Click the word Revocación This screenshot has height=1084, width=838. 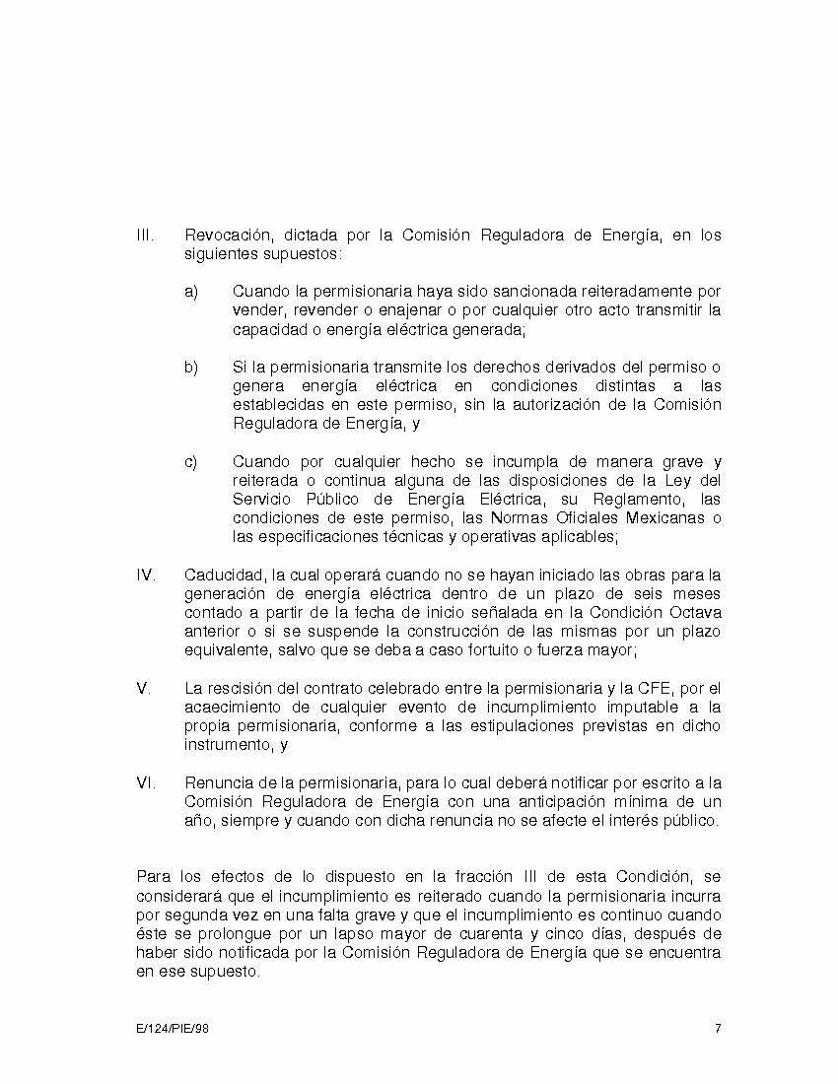click(228, 236)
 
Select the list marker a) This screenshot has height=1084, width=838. click(191, 292)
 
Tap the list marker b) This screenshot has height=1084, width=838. click(191, 368)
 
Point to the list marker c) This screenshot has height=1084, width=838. click(191, 462)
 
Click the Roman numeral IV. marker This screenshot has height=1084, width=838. click(146, 576)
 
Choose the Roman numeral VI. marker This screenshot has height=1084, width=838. click(146, 783)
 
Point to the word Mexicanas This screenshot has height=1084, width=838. click(664, 518)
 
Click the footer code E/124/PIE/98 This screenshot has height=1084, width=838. click(173, 1030)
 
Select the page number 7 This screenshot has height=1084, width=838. click(718, 1030)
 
